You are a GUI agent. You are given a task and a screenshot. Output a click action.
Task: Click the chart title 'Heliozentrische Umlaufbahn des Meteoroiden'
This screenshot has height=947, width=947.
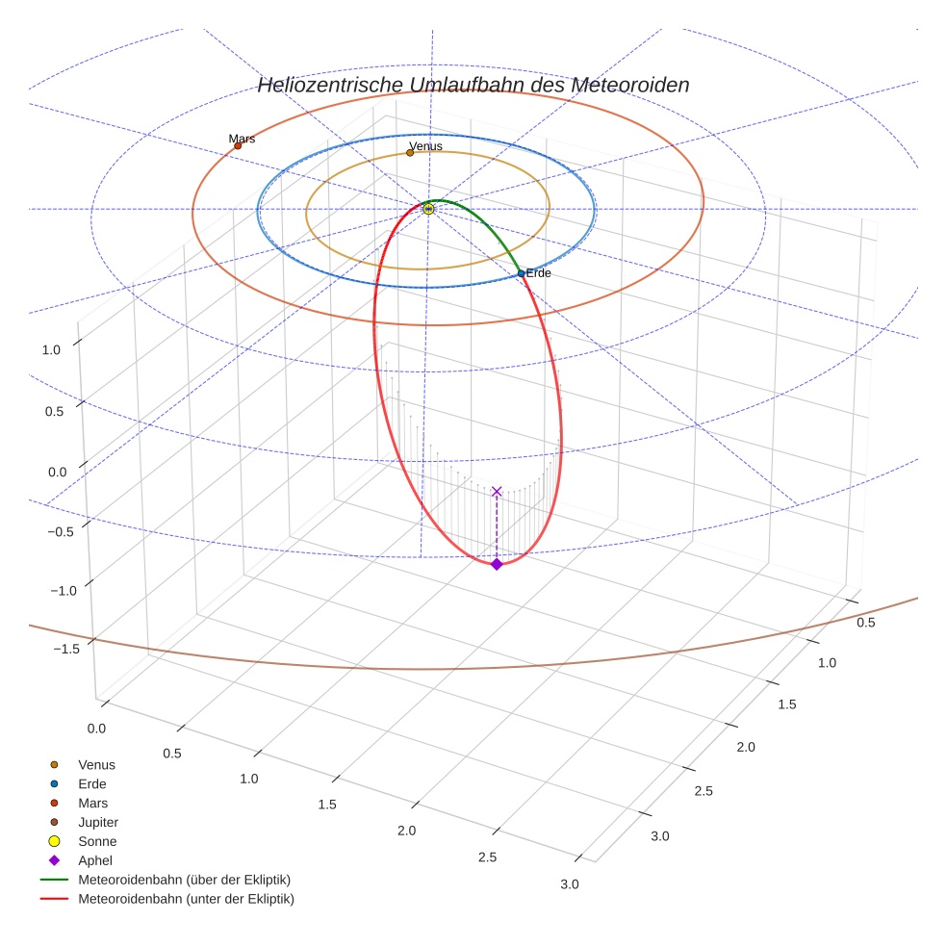coord(473,86)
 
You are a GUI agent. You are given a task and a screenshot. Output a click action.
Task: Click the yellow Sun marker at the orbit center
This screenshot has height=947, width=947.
coord(428,209)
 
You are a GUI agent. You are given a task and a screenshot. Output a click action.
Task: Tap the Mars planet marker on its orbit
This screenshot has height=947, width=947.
coord(238,145)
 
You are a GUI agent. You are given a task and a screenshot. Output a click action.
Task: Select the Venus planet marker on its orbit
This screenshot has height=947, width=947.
coord(410,152)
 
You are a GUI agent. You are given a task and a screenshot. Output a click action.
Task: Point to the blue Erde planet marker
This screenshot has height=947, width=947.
coord(521,273)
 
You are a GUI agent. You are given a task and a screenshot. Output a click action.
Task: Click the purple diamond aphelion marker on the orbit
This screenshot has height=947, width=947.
coord(497,564)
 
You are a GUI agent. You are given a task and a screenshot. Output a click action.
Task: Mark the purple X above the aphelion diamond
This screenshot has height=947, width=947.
coord(497,492)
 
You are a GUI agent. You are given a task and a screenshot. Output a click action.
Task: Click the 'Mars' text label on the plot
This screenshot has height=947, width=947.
coord(242,139)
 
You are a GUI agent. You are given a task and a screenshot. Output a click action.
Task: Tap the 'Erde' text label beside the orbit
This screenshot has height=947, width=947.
coord(538,273)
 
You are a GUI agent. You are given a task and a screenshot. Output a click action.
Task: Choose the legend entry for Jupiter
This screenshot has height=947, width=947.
coord(97,822)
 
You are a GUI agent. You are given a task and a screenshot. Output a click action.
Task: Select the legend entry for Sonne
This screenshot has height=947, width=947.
coord(97,841)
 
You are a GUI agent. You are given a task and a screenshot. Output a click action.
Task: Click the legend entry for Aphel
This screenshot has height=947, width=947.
coord(95,860)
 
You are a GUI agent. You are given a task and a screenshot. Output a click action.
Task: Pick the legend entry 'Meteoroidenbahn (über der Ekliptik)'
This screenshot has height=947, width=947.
coord(184,880)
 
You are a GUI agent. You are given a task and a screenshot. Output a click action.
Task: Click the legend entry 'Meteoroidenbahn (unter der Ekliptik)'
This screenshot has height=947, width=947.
coord(186,899)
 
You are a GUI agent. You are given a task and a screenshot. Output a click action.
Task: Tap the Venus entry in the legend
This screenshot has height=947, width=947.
coord(96,764)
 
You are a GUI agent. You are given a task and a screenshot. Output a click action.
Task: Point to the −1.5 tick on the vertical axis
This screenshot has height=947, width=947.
coord(65,649)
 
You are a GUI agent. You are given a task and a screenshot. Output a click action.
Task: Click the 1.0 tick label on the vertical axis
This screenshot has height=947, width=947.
coord(51,350)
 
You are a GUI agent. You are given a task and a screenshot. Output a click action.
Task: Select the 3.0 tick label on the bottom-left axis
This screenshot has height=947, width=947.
coord(569,884)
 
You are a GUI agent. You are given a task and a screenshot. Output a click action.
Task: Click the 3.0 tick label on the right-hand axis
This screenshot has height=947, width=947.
coord(659,836)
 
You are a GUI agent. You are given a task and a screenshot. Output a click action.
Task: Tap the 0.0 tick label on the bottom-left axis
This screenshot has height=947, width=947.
coord(96,729)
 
